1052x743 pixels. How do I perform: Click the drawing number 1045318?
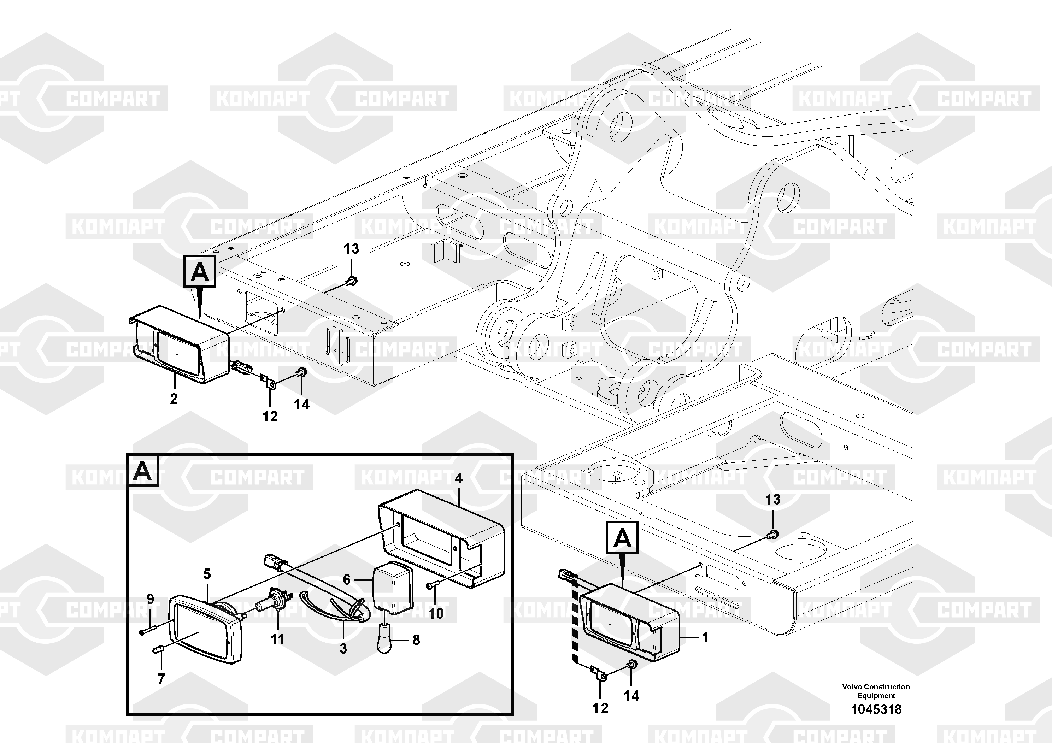pos(876,709)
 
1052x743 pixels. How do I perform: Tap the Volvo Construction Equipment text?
pos(876,691)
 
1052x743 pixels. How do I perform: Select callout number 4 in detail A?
pos(458,479)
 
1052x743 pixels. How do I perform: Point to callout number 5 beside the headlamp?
pos(207,574)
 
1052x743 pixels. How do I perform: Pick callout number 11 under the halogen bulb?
pos(277,639)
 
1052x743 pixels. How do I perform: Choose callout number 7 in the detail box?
pos(161,679)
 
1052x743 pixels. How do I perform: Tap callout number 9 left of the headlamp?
pos(150,599)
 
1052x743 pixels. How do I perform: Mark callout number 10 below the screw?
pos(436,613)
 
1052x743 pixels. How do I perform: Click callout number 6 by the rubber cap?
pos(347,580)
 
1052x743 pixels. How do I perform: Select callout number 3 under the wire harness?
pos(343,648)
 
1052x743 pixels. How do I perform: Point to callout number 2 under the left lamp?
pos(174,399)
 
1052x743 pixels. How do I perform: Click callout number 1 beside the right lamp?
pos(706,637)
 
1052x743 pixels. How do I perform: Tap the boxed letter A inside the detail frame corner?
pos(142,471)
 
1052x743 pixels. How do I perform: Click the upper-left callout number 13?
pos(351,249)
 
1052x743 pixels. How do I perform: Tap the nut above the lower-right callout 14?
pos(631,664)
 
